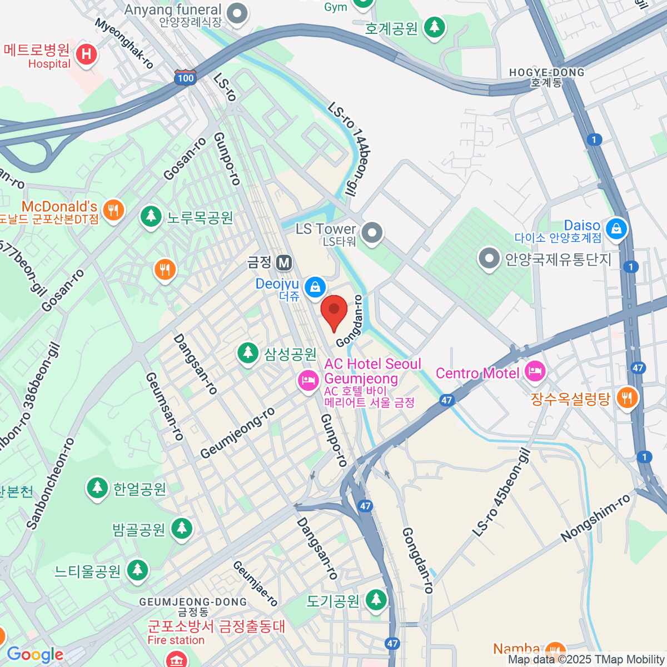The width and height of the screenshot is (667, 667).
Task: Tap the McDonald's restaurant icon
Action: click(113, 210)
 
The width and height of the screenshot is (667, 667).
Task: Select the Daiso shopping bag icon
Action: click(616, 228)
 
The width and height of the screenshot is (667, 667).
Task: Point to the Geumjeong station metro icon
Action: click(285, 262)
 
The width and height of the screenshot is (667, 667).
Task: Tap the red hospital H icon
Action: click(86, 54)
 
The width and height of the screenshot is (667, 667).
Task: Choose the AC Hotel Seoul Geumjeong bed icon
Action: click(307, 380)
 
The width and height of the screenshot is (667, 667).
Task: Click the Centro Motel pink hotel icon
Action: click(535, 372)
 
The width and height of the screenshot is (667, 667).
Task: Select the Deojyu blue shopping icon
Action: click(315, 287)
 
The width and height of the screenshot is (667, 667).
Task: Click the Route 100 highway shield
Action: click(185, 77)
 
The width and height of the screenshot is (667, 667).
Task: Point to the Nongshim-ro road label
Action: click(595, 518)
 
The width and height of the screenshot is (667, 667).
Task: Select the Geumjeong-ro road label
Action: click(238, 433)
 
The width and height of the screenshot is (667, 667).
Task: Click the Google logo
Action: click(35, 654)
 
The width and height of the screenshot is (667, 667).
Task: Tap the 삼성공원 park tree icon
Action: click(248, 353)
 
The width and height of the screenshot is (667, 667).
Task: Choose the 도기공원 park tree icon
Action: click(377, 600)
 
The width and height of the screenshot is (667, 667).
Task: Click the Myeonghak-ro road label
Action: click(123, 44)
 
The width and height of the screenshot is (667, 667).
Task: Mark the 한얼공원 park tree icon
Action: click(98, 488)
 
